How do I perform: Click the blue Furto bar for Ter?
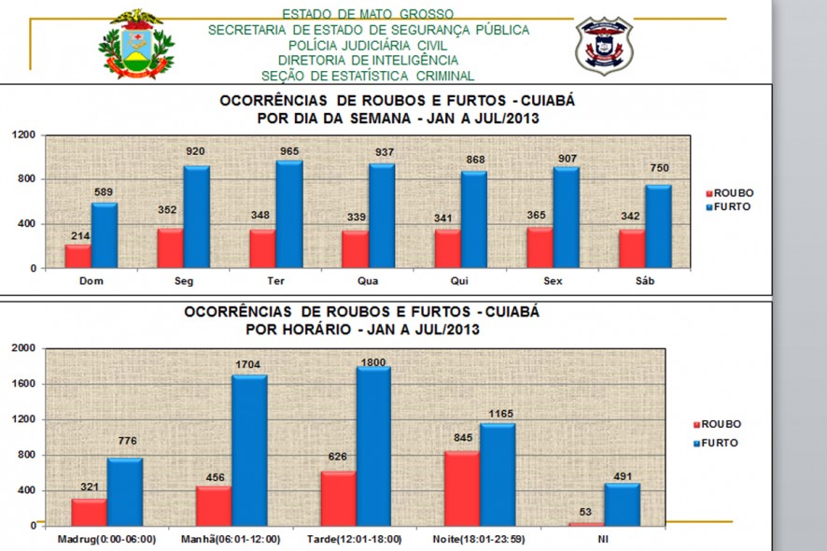coord(289,215)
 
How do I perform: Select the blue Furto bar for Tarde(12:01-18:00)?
coord(373,445)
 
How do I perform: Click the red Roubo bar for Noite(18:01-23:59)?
coord(461,487)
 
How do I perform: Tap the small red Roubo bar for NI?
coord(586,524)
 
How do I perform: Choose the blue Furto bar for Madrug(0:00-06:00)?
coord(124,491)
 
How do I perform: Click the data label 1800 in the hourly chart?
coord(373,360)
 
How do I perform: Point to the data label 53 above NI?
coord(586,513)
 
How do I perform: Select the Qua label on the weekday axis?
coord(367,278)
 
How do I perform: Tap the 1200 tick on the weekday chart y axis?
coord(24,135)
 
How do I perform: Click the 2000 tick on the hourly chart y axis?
coord(24,348)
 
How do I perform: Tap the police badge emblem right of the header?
coord(604,44)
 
